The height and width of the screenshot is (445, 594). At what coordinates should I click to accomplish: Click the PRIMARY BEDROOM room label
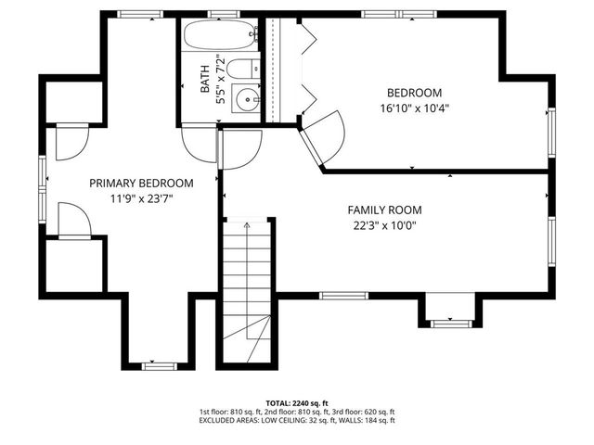(x=141, y=183)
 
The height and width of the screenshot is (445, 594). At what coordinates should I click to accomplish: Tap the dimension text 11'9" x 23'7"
(x=141, y=197)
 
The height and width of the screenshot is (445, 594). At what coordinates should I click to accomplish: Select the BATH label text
(x=205, y=83)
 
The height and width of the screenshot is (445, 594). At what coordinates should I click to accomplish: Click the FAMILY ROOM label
(x=384, y=210)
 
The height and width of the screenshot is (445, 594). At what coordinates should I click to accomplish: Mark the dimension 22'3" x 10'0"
(x=384, y=224)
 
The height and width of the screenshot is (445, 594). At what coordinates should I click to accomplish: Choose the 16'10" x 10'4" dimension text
(x=414, y=108)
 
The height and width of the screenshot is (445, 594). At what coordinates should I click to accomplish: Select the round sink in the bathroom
(x=246, y=96)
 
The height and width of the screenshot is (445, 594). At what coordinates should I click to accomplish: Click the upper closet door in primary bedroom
(x=71, y=141)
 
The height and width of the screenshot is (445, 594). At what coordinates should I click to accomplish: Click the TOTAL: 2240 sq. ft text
(x=296, y=403)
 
